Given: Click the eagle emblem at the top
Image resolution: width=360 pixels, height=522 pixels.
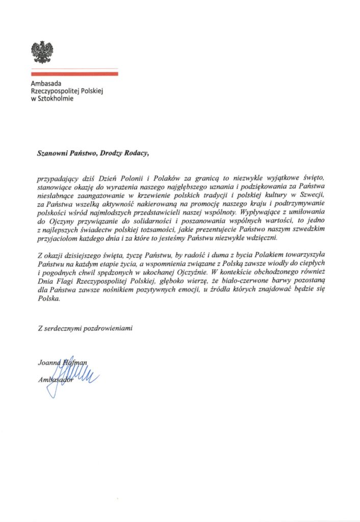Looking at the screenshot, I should click(42, 52).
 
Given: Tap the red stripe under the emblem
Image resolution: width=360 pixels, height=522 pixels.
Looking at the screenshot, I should click(74, 74).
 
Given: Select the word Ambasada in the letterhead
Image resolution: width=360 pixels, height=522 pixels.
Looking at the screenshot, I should click(45, 84).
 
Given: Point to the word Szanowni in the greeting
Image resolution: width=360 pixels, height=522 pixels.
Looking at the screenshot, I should click(53, 151).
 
